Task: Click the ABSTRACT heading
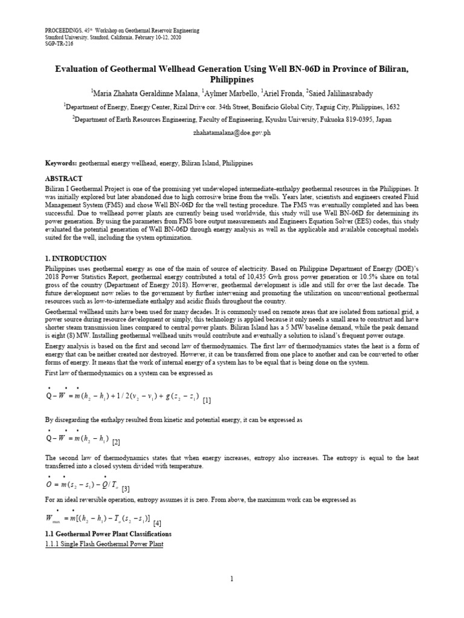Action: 64,179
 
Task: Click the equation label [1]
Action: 207,400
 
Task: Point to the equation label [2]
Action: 116,442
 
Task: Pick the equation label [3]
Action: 126,489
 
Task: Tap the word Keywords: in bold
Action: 62,164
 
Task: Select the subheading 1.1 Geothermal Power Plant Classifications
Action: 109,534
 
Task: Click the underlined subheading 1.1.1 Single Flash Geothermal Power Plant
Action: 105,544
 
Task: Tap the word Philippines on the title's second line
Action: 232,79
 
